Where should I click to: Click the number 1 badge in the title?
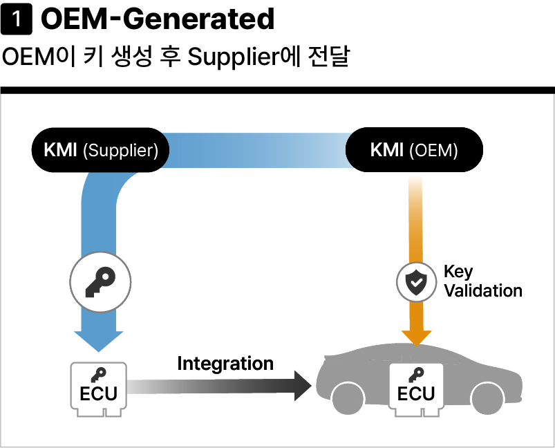point(17,19)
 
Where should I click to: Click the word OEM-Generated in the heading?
point(158,19)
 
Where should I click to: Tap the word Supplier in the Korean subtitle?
point(233,57)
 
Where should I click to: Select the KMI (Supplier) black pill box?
point(100,150)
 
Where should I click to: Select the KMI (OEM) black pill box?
point(414,150)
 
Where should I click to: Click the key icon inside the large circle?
point(100,282)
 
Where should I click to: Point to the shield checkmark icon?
point(416,282)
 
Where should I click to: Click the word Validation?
point(483,291)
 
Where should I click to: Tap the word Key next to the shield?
point(458,272)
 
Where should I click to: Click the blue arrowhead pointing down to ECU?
point(98,341)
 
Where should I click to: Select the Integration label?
point(225,364)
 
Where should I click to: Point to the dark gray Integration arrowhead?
point(303,386)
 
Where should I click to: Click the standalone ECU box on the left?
point(99,389)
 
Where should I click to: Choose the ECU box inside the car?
point(416,389)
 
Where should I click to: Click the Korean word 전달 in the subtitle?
point(329,56)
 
